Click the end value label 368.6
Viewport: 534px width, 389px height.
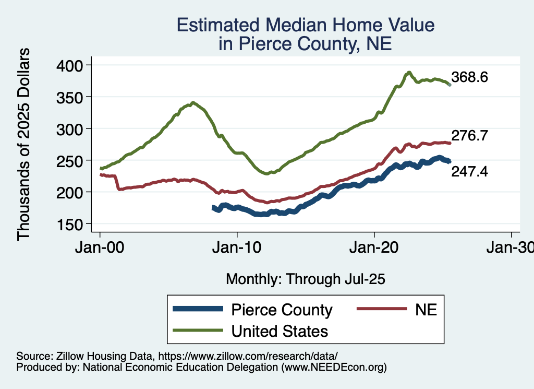coord(470,78)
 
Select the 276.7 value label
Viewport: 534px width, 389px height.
coord(470,136)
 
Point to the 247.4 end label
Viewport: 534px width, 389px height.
coord(470,171)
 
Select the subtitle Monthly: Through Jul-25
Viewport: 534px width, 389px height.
coord(305,279)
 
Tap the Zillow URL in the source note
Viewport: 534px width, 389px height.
coord(248,357)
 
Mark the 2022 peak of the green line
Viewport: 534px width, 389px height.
coord(409,72)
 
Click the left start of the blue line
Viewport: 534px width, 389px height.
coord(213,208)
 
